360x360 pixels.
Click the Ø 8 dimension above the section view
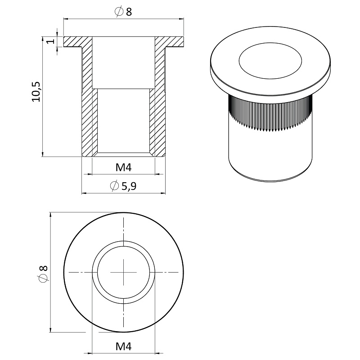(x=123, y=12)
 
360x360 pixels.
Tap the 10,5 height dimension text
(x=36, y=92)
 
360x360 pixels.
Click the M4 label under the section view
(x=123, y=167)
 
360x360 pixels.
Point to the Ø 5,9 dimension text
(x=123, y=186)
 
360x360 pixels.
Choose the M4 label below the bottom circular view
(x=123, y=346)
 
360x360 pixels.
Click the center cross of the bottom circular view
(x=123, y=273)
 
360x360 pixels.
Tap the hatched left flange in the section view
(x=73, y=42)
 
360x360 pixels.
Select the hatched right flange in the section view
(x=169, y=42)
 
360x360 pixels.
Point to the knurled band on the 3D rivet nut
(x=270, y=114)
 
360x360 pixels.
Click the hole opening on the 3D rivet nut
(x=270, y=61)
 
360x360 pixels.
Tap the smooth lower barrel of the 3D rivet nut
(x=270, y=156)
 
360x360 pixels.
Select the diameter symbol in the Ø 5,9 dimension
(x=115, y=185)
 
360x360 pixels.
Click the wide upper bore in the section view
(x=123, y=63)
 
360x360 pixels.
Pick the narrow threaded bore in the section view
(x=123, y=121)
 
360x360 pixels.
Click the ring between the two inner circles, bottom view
(x=123, y=243)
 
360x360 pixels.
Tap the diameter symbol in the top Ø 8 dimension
(x=119, y=12)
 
